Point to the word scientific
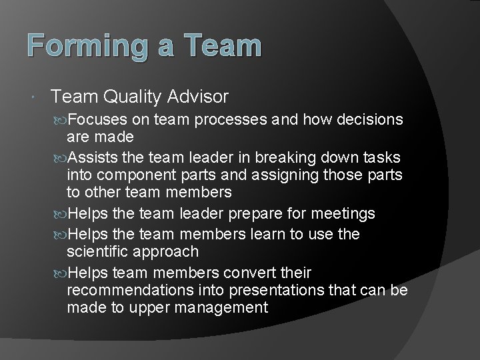pos(99,251)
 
